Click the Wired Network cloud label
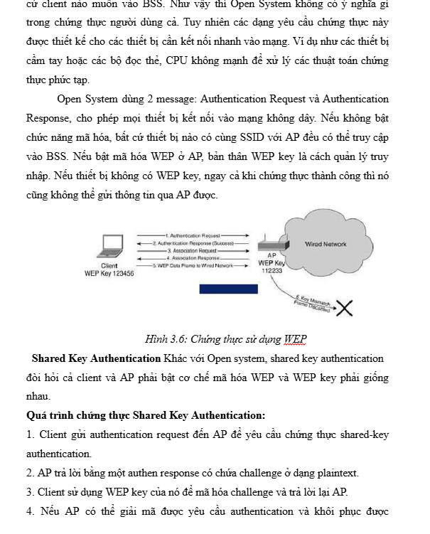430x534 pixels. [325, 244]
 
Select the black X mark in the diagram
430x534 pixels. [345, 307]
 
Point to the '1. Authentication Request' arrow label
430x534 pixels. [193, 235]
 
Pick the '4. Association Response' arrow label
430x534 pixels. [193, 257]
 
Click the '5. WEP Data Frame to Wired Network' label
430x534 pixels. [193, 265]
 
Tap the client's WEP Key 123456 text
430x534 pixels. [109, 273]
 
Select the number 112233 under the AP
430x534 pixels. [272, 271]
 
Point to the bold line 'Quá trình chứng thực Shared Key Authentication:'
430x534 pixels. [146, 415]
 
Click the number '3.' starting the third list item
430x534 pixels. [31, 491]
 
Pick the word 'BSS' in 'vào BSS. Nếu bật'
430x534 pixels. [55, 155]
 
